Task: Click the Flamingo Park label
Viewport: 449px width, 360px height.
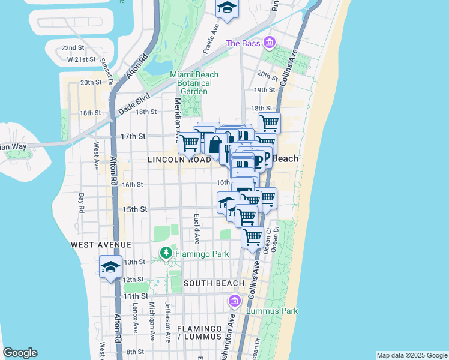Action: coord(202,254)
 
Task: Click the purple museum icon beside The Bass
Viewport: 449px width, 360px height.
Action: coord(269,43)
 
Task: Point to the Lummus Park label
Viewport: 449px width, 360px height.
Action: coord(273,311)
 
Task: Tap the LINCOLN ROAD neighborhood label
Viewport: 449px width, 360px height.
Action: coord(179,160)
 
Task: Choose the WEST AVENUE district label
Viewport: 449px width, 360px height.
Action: coord(101,245)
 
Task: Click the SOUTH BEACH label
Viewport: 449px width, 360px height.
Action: coord(214,283)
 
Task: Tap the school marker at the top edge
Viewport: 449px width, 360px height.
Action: coord(227,8)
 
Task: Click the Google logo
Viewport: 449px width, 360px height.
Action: coord(20,353)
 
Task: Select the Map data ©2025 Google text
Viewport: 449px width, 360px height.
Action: coord(412,355)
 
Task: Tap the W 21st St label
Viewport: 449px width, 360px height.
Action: coord(82,59)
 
